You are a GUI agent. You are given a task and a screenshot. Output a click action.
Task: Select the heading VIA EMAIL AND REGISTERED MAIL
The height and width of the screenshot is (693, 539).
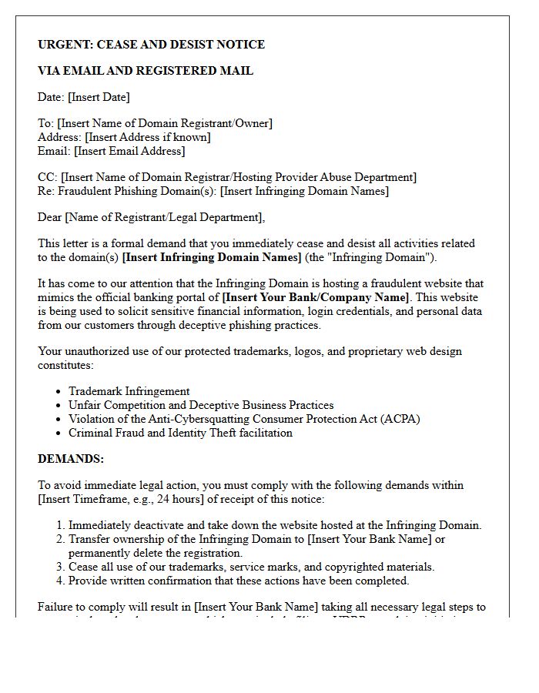[x=146, y=71]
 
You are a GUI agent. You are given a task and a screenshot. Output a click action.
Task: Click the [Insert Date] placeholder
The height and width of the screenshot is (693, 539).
[x=99, y=97]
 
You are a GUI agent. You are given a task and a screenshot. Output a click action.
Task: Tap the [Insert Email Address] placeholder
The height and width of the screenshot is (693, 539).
[x=129, y=151]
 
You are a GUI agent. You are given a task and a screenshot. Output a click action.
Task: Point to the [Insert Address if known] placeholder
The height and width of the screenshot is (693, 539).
[x=148, y=137]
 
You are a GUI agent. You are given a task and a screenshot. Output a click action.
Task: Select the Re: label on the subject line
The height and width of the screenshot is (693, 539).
[x=46, y=191]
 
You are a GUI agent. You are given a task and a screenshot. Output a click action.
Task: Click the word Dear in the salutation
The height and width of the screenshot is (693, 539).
[x=50, y=217]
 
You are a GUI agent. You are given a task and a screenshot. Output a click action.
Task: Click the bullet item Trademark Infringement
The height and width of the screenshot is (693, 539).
[x=129, y=391]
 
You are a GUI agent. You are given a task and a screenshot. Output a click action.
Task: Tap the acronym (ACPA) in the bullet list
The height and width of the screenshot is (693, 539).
[x=397, y=419]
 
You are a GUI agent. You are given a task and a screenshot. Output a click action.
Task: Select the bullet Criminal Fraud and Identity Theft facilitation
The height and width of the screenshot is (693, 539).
[x=180, y=433]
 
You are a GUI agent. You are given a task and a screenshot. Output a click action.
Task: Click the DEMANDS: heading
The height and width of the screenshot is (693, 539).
[x=71, y=459]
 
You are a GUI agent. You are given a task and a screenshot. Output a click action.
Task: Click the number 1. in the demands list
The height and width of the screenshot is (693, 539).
[x=61, y=525]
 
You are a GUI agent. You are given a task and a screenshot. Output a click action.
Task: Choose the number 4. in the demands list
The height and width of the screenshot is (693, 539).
[x=61, y=581]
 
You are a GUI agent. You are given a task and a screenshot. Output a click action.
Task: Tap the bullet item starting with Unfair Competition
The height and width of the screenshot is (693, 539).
[x=201, y=405]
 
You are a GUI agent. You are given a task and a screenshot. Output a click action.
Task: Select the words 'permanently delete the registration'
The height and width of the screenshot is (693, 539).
[x=156, y=553]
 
